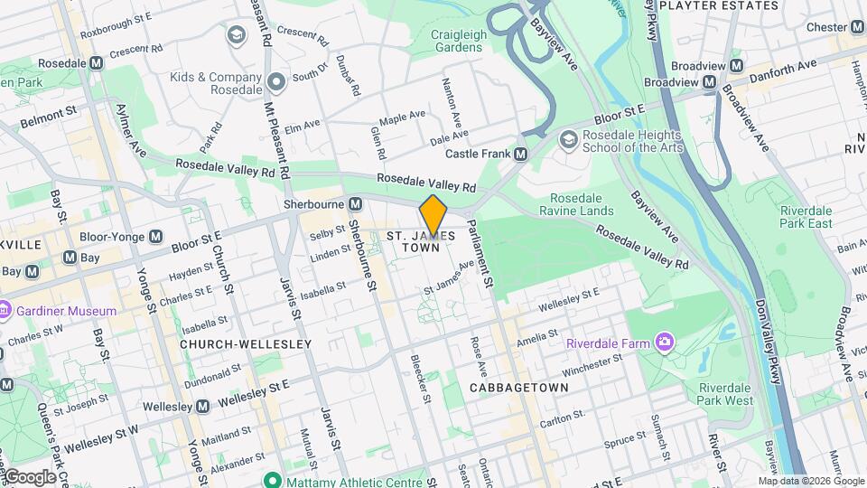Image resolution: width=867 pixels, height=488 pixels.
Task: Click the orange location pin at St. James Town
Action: coord(433,215)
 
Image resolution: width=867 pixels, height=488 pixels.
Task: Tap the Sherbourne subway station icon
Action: coord(356,204)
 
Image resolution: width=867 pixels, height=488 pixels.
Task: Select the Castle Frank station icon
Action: coord(520,155)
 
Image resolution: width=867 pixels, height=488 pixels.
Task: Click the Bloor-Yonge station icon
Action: coord(156,236)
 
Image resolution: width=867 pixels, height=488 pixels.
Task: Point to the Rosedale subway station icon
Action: coord(96,62)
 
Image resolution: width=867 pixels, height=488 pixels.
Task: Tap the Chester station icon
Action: coord(855,28)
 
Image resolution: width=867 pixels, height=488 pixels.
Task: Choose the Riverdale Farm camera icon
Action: coord(666,342)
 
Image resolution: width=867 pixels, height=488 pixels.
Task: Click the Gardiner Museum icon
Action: coord(5,311)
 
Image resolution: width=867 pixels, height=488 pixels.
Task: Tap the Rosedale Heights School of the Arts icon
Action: coord(568,138)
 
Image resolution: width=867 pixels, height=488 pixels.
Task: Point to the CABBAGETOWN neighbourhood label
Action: coord(518,387)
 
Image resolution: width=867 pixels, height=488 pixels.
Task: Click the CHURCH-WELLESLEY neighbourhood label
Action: coord(245,344)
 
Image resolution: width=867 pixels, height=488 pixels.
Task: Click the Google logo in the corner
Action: coord(30,477)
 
